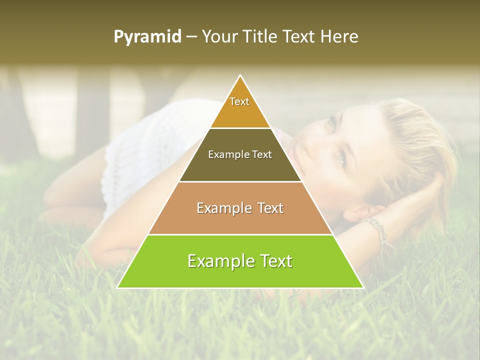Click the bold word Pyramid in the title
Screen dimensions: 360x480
click(x=147, y=37)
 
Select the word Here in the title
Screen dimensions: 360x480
click(x=339, y=37)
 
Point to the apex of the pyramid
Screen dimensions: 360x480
click(x=240, y=75)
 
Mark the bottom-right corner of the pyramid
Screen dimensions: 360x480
click(x=362, y=287)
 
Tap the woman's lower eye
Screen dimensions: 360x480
click(x=341, y=158)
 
